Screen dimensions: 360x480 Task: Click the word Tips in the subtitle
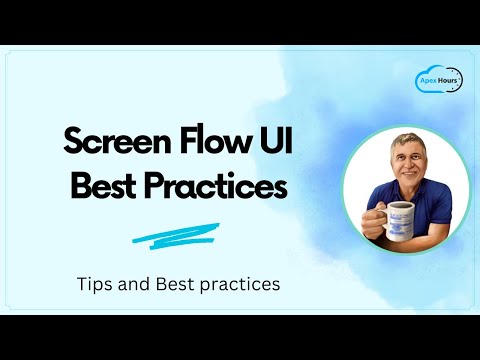95,283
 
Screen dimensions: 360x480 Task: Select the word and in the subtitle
136,283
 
